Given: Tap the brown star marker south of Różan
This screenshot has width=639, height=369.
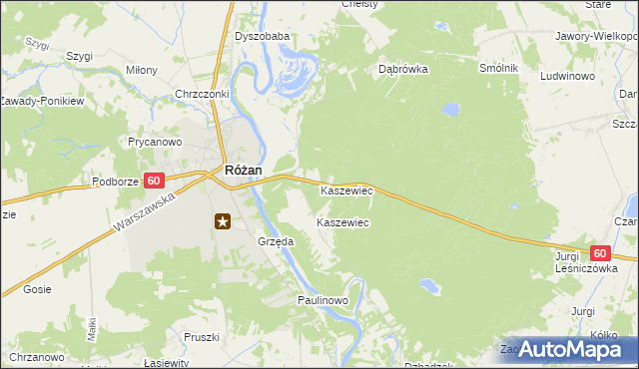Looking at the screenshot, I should (x=223, y=221).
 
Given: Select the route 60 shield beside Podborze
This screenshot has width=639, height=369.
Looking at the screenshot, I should (x=153, y=181).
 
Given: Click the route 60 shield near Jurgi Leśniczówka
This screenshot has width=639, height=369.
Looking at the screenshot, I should (x=599, y=255).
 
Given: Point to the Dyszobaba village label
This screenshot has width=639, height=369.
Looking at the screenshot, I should (x=262, y=37).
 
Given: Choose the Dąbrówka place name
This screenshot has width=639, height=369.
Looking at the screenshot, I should (x=403, y=70).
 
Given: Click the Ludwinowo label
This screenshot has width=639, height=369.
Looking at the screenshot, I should (x=567, y=76).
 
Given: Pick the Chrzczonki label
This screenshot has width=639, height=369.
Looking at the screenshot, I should (x=203, y=94).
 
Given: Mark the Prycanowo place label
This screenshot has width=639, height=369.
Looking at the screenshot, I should (x=154, y=143).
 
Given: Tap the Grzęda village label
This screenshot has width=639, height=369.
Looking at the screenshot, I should (x=276, y=241).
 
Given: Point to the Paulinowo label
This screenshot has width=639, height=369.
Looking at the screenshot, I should (x=321, y=300).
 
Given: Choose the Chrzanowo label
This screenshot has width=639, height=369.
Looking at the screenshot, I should (x=38, y=357).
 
